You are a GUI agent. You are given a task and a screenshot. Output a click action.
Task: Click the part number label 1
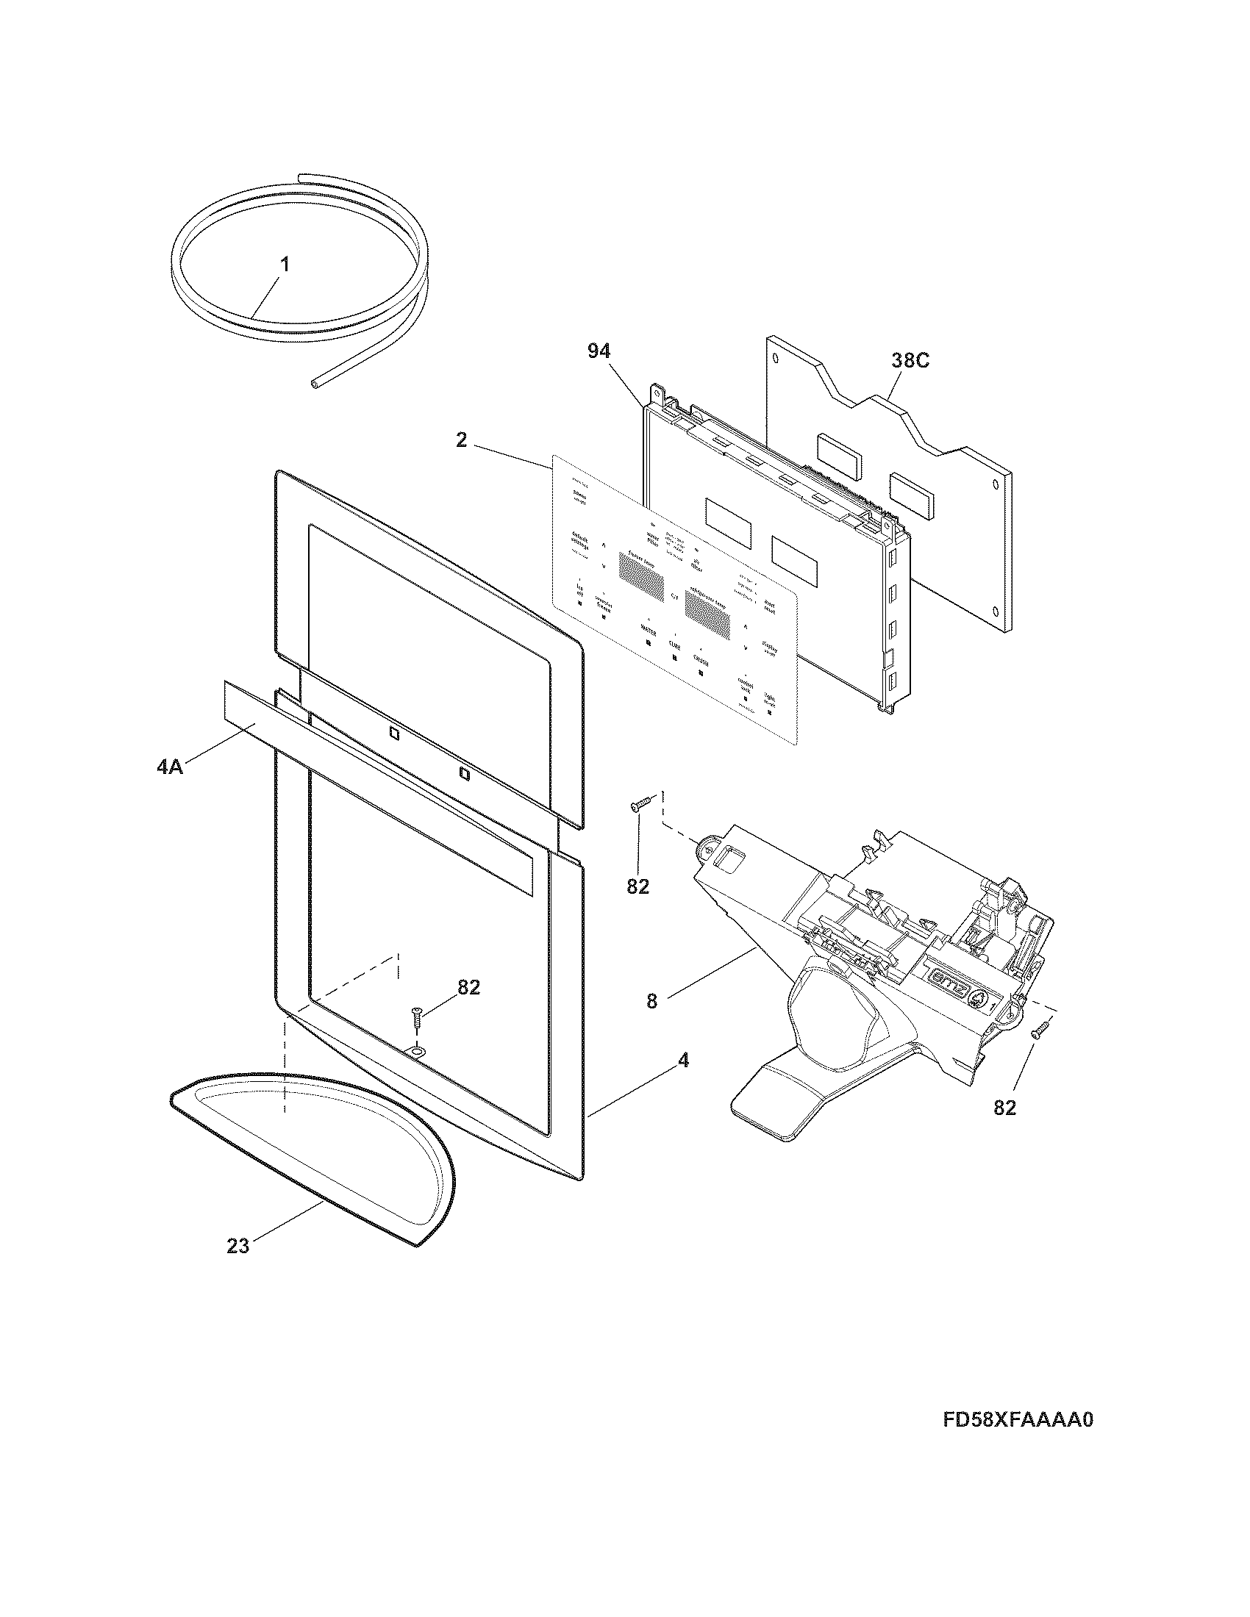point(285,265)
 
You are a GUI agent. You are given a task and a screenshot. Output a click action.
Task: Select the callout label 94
point(599,351)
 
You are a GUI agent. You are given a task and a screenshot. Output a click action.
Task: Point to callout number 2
point(461,440)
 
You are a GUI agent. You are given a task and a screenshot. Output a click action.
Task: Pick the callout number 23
point(238,1246)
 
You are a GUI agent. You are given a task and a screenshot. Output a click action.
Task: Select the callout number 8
point(651,1002)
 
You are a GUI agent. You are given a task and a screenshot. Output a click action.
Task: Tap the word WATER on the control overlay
point(649,631)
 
